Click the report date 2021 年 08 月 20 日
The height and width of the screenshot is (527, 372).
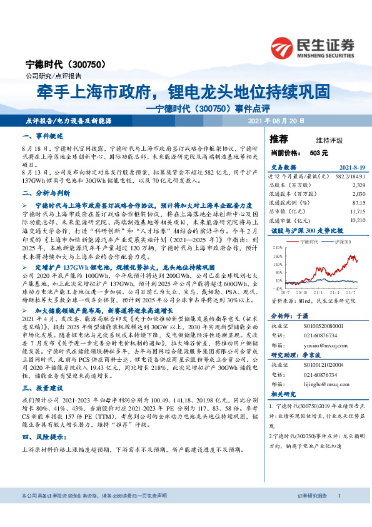click(276, 121)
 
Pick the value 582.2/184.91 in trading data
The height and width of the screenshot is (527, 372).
click(351, 177)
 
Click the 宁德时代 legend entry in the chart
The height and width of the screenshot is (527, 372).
click(304, 241)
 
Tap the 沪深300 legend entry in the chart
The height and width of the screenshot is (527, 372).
click(339, 241)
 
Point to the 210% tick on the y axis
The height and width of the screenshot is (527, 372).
click(277, 248)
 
